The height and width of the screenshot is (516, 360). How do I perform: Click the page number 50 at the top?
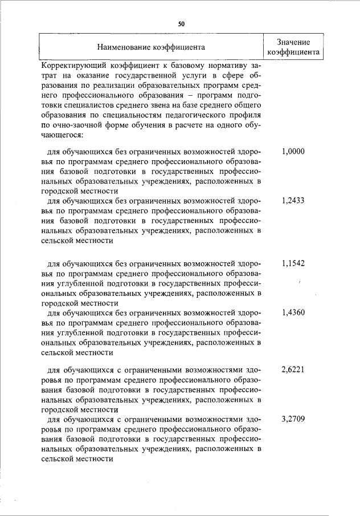click(181, 24)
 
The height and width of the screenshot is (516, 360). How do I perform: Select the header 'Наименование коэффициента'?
click(151, 47)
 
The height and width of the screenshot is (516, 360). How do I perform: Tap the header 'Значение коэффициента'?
click(293, 47)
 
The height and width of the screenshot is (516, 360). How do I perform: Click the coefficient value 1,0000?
click(293, 152)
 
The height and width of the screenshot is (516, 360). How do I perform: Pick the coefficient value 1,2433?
click(293, 201)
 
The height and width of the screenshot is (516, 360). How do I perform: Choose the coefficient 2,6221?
click(293, 369)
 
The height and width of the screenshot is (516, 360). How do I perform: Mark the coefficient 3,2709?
click(293, 419)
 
